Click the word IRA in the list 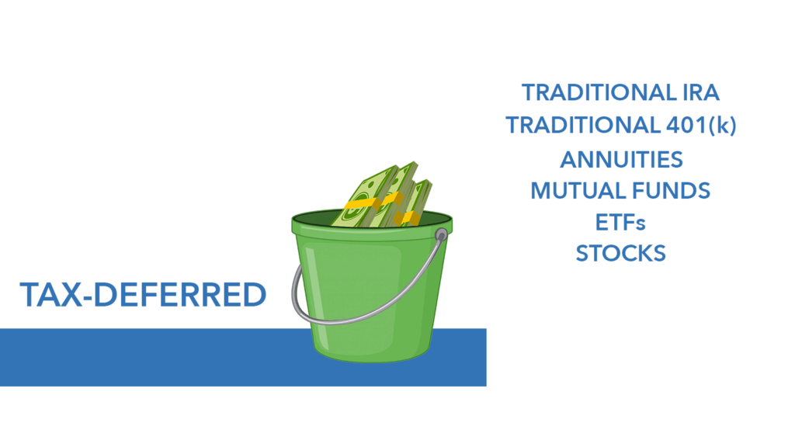click(701, 93)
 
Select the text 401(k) click(701, 125)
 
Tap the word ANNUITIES click(621, 160)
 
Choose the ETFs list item click(620, 223)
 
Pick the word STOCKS click(620, 254)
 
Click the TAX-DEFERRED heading click(143, 294)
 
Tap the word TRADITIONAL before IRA click(599, 93)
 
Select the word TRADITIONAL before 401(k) click(583, 125)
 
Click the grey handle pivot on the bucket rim click(441, 234)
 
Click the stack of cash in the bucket click(383, 195)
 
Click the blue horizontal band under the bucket click(152, 357)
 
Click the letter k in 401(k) click(722, 125)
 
